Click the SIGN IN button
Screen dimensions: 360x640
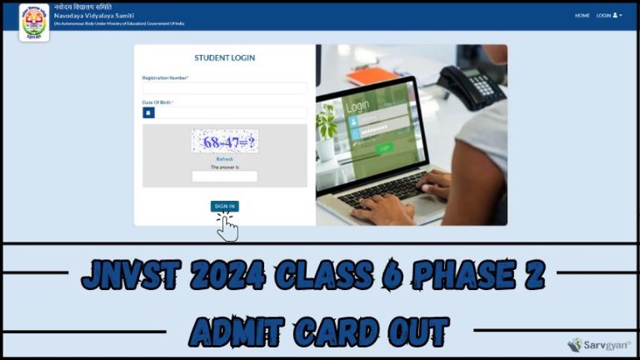point(224,205)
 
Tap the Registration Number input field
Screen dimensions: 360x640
point(225,87)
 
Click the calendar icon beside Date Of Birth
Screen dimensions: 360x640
point(148,112)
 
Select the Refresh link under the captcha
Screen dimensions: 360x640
point(225,158)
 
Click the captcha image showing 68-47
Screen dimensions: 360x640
point(225,141)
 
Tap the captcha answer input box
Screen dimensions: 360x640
point(225,177)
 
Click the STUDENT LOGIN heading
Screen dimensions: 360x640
point(225,58)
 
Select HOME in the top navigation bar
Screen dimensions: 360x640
point(582,15)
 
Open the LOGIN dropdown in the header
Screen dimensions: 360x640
point(608,15)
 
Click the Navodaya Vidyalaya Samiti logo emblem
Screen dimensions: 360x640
point(34,21)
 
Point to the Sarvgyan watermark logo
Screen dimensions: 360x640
point(598,345)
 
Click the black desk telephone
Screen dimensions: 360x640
point(471,87)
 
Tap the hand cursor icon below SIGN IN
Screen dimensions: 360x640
point(227,227)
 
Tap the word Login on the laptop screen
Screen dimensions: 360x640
point(357,107)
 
